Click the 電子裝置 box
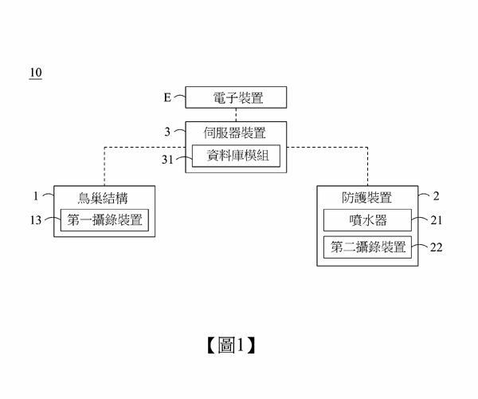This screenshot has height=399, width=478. (236, 98)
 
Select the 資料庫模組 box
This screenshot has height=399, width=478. (237, 156)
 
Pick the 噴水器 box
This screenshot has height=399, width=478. (367, 220)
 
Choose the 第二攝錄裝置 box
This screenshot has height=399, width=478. (367, 247)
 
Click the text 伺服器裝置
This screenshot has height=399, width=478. (236, 132)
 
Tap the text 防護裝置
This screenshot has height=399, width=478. (366, 197)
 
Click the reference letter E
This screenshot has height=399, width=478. (167, 98)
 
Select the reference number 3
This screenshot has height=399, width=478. (168, 132)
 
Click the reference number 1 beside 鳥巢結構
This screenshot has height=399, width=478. (36, 196)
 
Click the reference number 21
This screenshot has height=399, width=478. (435, 220)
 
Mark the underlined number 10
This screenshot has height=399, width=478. (35, 73)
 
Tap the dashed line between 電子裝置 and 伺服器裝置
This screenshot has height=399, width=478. (236, 115)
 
